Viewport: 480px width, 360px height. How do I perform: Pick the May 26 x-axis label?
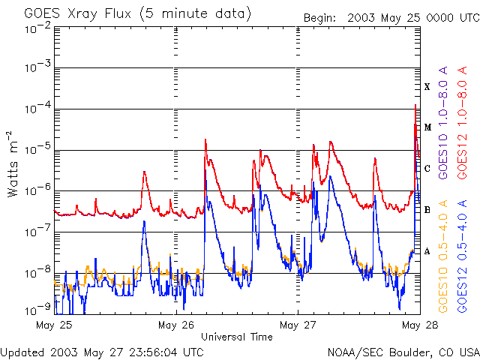pos(177,325)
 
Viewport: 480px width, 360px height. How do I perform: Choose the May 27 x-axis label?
pos(298,325)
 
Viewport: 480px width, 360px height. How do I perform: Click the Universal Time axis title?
pos(236,337)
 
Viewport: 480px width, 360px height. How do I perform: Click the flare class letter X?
pos(427,87)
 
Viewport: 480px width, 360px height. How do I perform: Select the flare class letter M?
pos(427,127)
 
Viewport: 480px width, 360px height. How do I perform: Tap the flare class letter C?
pos(427,169)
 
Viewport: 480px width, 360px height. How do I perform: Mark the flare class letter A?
pos(427,251)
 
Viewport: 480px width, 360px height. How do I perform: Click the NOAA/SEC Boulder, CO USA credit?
pos(403,352)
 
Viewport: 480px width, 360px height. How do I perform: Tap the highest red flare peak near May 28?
pos(415,106)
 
